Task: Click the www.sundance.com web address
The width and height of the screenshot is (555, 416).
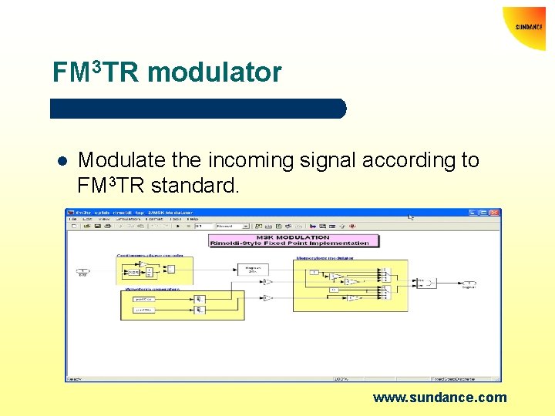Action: [440, 398]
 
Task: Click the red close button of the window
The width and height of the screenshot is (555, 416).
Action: [496, 212]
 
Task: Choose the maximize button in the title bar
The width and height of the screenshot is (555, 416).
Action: [489, 212]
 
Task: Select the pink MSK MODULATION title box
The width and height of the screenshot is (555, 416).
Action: [294, 240]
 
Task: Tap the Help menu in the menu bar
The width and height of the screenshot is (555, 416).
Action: [192, 219]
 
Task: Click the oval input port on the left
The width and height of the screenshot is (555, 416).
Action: [82, 270]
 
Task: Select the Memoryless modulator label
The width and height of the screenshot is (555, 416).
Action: [322, 259]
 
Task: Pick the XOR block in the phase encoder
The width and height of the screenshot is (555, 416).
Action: [133, 271]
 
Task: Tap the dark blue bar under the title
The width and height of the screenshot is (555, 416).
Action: [198, 109]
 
